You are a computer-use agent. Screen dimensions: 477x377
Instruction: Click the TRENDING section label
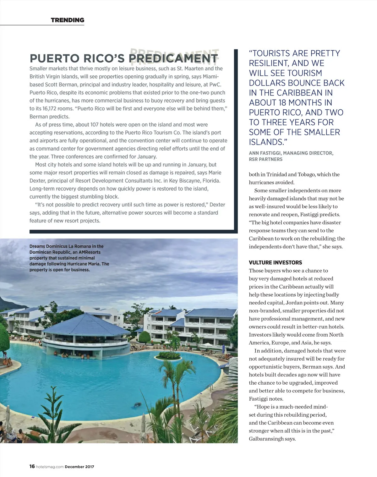[x=68, y=20]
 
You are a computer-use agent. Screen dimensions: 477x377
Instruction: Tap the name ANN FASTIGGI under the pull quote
[x=264, y=153]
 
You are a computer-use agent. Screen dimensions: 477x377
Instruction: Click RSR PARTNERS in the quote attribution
[x=265, y=159]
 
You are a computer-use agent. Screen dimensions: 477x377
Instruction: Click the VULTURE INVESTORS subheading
[x=275, y=263]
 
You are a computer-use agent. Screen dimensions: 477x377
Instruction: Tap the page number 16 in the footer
[x=32, y=466]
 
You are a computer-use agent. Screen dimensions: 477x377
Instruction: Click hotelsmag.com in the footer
[x=50, y=467]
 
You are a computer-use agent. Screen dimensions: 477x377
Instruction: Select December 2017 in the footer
[x=79, y=467]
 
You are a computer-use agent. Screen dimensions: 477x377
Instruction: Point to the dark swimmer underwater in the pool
[x=137, y=404]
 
